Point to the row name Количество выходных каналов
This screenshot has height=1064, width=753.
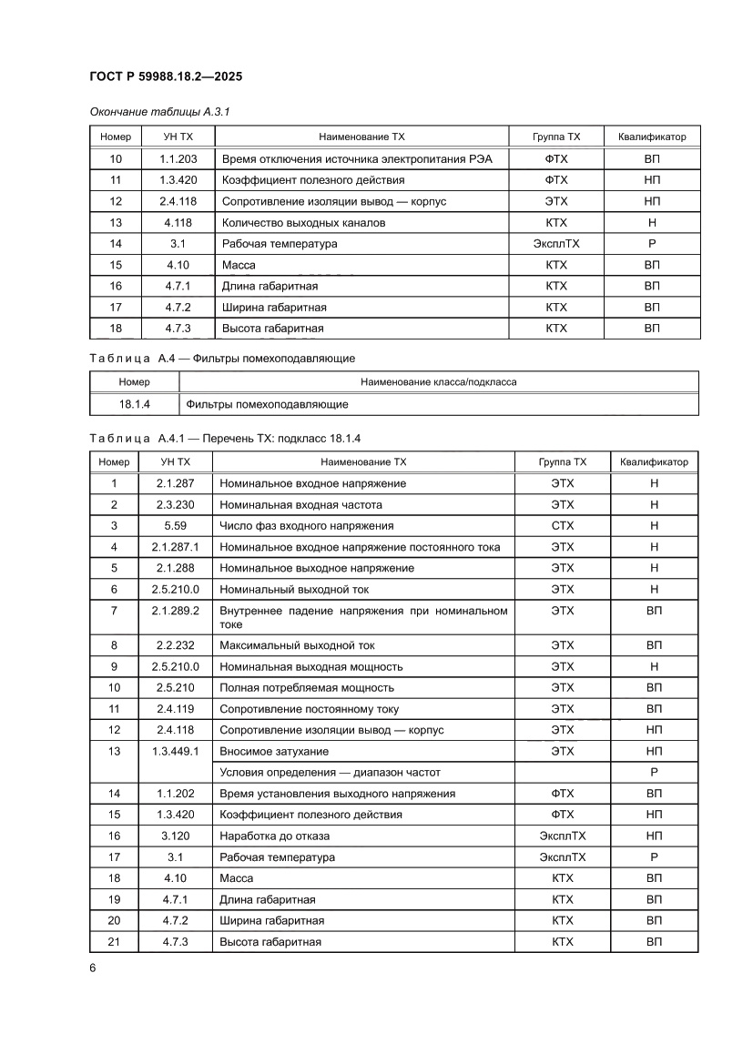(303, 223)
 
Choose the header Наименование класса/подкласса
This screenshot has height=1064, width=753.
(438, 382)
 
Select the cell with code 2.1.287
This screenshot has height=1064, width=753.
(175, 483)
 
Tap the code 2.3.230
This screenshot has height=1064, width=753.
(175, 505)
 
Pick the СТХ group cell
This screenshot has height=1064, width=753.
(563, 526)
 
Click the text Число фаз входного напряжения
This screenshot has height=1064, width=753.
(307, 526)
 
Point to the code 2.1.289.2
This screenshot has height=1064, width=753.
(175, 611)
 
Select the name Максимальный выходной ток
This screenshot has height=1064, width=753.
(297, 645)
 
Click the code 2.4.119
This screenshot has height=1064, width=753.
(175, 709)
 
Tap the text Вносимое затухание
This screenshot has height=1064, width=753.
(274, 752)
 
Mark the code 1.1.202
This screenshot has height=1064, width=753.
(175, 794)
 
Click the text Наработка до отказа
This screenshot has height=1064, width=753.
(275, 836)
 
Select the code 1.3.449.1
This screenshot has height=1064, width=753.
(175, 752)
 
